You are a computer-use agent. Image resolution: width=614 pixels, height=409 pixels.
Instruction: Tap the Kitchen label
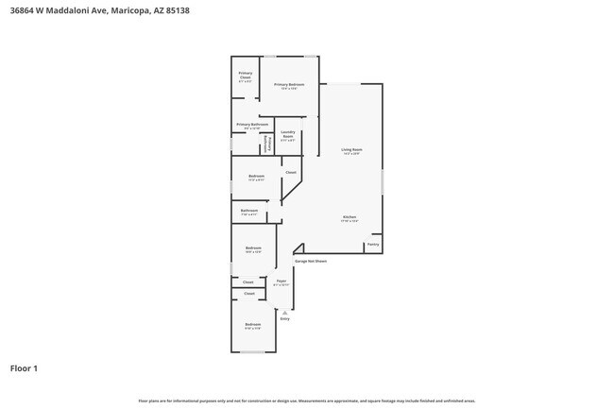coord(350,218)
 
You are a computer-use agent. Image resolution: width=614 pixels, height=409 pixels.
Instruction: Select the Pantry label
coord(373,245)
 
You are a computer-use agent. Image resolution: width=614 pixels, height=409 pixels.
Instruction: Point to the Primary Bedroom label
coord(289,86)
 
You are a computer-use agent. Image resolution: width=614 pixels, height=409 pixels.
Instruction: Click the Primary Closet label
coord(245,76)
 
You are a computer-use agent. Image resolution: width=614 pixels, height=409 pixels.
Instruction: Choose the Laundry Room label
coord(287,134)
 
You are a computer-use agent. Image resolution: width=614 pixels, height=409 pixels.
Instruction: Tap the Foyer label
coord(281,281)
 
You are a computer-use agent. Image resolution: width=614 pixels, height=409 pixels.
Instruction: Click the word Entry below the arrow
coord(284,319)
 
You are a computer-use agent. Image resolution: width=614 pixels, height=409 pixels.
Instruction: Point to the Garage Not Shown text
coord(311,262)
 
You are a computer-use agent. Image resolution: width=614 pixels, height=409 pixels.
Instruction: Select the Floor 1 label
coord(24,368)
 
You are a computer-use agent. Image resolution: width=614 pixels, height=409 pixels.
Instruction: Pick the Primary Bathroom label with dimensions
coord(252,126)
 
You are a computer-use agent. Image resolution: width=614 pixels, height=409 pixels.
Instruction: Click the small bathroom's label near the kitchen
coord(249,211)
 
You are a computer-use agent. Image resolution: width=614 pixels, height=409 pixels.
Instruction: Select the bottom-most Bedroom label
coord(252,327)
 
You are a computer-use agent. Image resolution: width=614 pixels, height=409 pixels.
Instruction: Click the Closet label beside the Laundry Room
coord(290,172)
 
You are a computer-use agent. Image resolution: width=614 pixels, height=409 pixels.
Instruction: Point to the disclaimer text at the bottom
coord(306,400)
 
